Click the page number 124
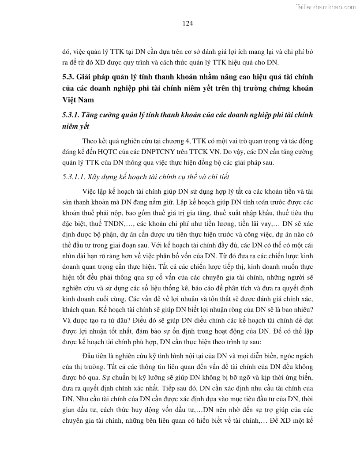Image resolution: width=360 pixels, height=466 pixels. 187,23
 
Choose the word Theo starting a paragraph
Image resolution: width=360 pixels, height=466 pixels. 90,141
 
